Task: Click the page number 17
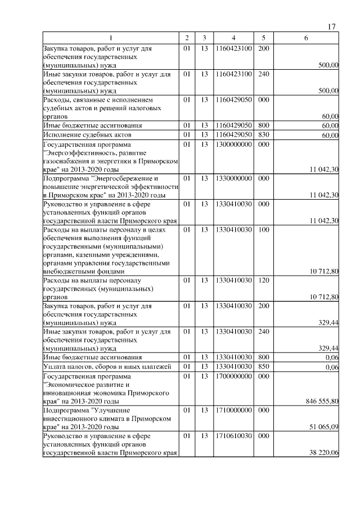point(331,27)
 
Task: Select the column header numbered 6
point(305,38)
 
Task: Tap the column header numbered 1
point(111,38)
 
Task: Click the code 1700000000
point(233,376)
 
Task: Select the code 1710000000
point(233,411)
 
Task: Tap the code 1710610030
point(233,436)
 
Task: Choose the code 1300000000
point(233,144)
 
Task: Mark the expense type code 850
point(263,367)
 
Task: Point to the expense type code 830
point(263,135)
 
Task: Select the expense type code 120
point(263,280)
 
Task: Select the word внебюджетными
point(67,271)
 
